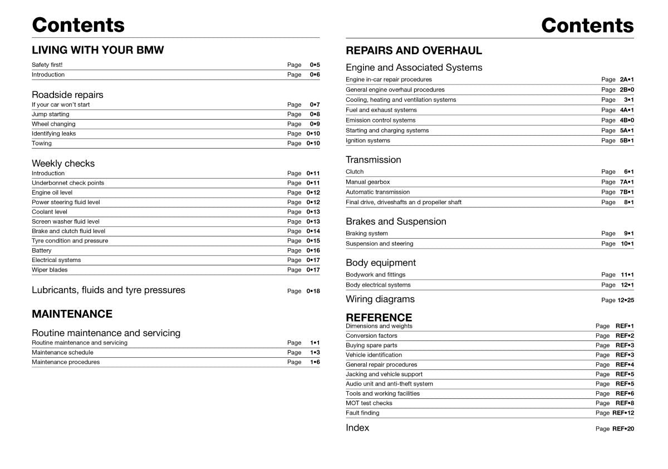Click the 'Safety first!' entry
click(x=47, y=65)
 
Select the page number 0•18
click(x=313, y=291)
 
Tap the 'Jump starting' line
click(x=51, y=114)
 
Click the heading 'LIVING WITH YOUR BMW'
click(x=98, y=50)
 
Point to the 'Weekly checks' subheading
click(x=63, y=164)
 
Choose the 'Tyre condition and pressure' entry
click(x=70, y=241)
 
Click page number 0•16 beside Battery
click(x=313, y=250)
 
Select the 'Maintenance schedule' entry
click(x=62, y=352)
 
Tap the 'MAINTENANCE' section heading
click(x=72, y=314)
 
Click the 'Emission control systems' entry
click(x=380, y=120)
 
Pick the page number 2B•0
click(x=626, y=90)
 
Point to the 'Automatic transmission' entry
click(x=377, y=192)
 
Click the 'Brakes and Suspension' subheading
click(x=396, y=221)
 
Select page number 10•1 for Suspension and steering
click(x=627, y=244)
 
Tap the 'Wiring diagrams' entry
click(x=380, y=299)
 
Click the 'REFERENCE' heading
click(x=379, y=317)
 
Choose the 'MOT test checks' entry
click(x=369, y=403)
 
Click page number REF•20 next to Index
click(x=623, y=429)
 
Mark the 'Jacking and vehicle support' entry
click(x=384, y=374)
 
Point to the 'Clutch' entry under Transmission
click(x=355, y=172)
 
